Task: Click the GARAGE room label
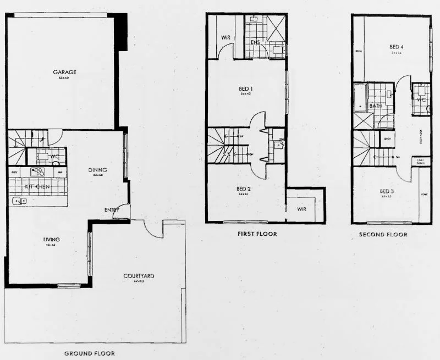tap(64, 72)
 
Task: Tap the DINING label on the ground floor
tap(98, 170)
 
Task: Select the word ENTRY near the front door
tap(112, 210)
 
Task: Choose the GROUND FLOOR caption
tap(90, 353)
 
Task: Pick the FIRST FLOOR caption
tap(257, 234)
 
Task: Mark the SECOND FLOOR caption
tap(383, 234)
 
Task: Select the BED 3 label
tap(387, 191)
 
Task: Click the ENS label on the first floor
tap(255, 42)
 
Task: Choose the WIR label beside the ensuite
tap(225, 37)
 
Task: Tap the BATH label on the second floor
tap(376, 106)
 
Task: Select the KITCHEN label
tap(34, 187)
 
